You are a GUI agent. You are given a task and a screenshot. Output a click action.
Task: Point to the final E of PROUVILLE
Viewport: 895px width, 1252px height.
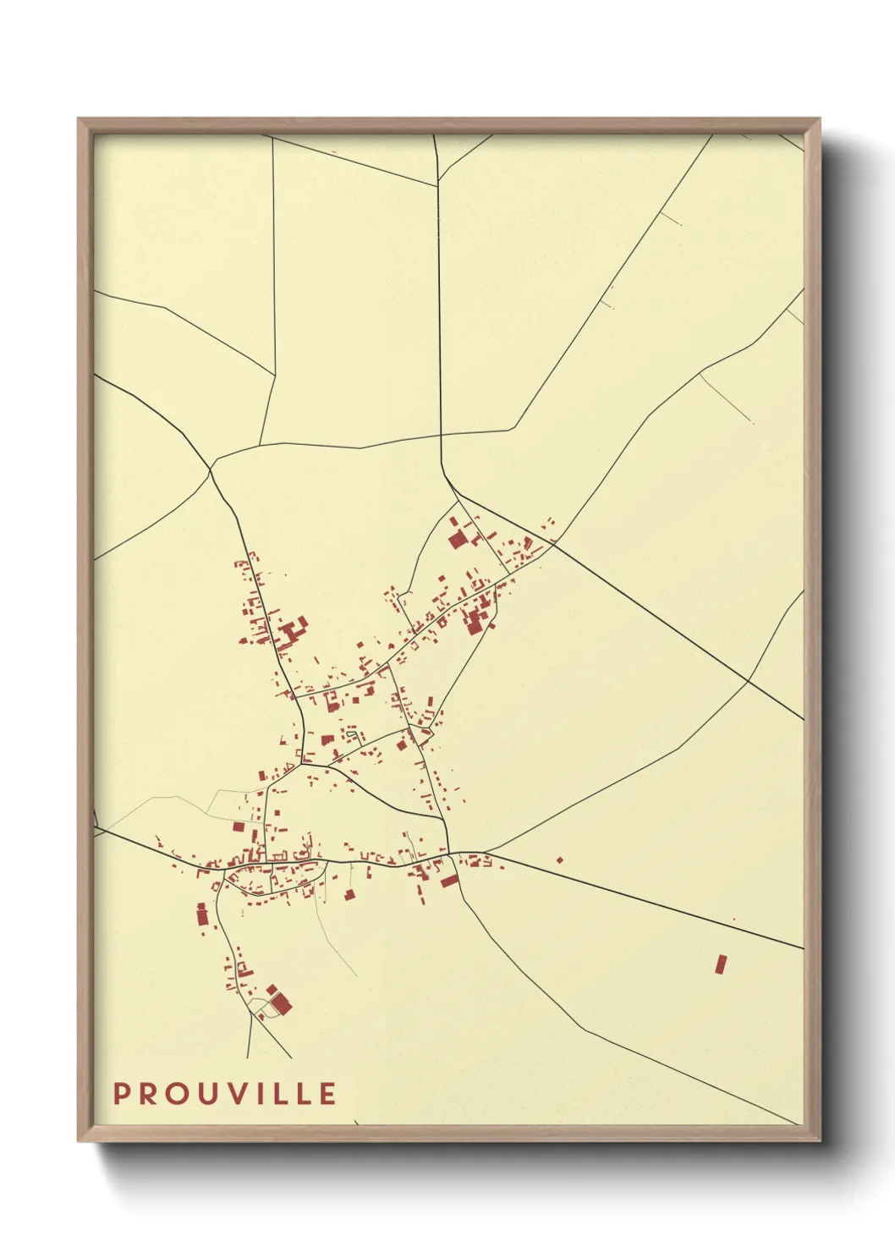point(327,1094)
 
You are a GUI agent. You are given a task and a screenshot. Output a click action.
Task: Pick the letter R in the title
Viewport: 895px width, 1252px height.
point(149,1094)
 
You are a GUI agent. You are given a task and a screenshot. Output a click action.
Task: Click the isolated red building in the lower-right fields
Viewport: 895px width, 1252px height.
point(721,964)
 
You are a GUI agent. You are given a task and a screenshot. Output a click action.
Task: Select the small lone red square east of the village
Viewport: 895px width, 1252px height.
point(559,860)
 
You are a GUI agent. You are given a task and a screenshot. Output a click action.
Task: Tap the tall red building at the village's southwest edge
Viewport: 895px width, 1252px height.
point(202,914)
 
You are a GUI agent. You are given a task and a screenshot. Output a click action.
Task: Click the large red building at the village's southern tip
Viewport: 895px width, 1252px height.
point(280,1003)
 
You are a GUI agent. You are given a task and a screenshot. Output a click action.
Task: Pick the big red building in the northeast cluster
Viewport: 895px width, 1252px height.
point(458,540)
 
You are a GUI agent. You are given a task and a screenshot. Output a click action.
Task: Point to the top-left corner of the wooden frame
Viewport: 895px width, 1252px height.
point(79,119)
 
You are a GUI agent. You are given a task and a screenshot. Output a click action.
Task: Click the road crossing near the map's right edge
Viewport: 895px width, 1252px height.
point(749,680)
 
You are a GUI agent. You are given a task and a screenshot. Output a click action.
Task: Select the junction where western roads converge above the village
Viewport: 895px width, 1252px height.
point(210,468)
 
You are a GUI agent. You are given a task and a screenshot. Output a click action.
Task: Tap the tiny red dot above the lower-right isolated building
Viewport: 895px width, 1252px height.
point(733,920)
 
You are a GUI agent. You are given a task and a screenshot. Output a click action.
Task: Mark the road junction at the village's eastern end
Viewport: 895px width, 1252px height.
point(449,851)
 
